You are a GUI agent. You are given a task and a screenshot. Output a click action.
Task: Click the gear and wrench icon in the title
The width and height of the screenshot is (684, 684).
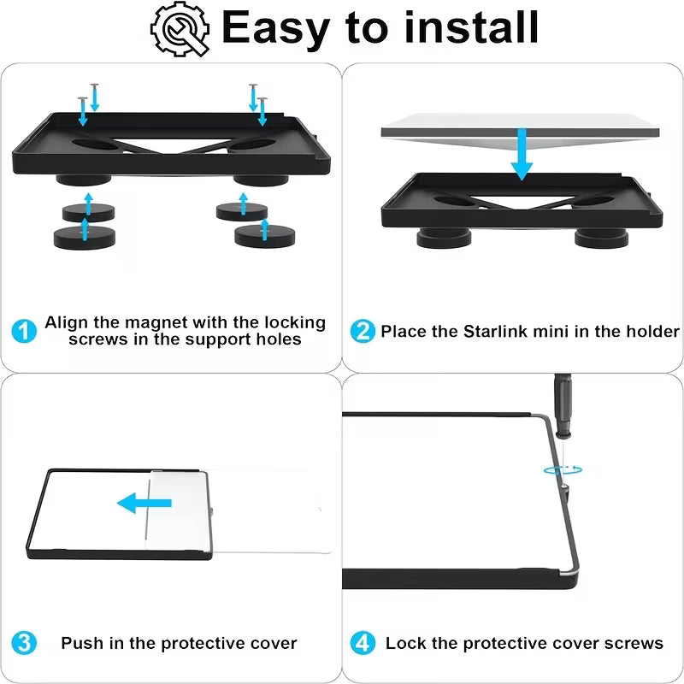[x=180, y=29]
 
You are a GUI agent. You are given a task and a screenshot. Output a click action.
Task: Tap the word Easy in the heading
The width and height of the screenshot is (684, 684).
[x=275, y=28]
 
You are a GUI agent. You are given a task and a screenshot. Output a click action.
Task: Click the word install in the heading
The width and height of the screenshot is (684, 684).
[x=471, y=27]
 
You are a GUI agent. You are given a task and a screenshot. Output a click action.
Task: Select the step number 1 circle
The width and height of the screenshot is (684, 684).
[x=24, y=331]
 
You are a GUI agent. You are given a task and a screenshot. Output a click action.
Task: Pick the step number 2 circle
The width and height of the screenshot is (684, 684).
[x=363, y=331]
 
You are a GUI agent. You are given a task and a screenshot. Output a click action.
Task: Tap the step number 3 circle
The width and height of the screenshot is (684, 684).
[x=24, y=643]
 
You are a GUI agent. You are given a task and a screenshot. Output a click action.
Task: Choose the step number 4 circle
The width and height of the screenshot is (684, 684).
[x=363, y=643]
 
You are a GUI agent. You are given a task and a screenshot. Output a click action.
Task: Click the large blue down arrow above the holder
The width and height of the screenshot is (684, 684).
[x=522, y=155]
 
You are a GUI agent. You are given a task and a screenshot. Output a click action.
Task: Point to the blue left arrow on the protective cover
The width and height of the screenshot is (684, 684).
[x=144, y=503]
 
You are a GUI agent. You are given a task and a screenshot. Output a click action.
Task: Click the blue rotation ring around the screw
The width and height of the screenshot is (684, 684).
[x=563, y=470]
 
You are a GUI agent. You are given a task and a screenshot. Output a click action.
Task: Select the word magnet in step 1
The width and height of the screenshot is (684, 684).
[x=156, y=323]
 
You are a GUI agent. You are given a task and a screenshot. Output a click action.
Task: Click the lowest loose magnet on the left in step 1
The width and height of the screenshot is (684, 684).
[x=85, y=238]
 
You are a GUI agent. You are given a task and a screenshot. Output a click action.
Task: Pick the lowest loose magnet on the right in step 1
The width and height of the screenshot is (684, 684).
[x=264, y=236]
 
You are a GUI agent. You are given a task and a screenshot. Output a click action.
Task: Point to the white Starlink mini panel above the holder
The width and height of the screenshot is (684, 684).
[x=520, y=129]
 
